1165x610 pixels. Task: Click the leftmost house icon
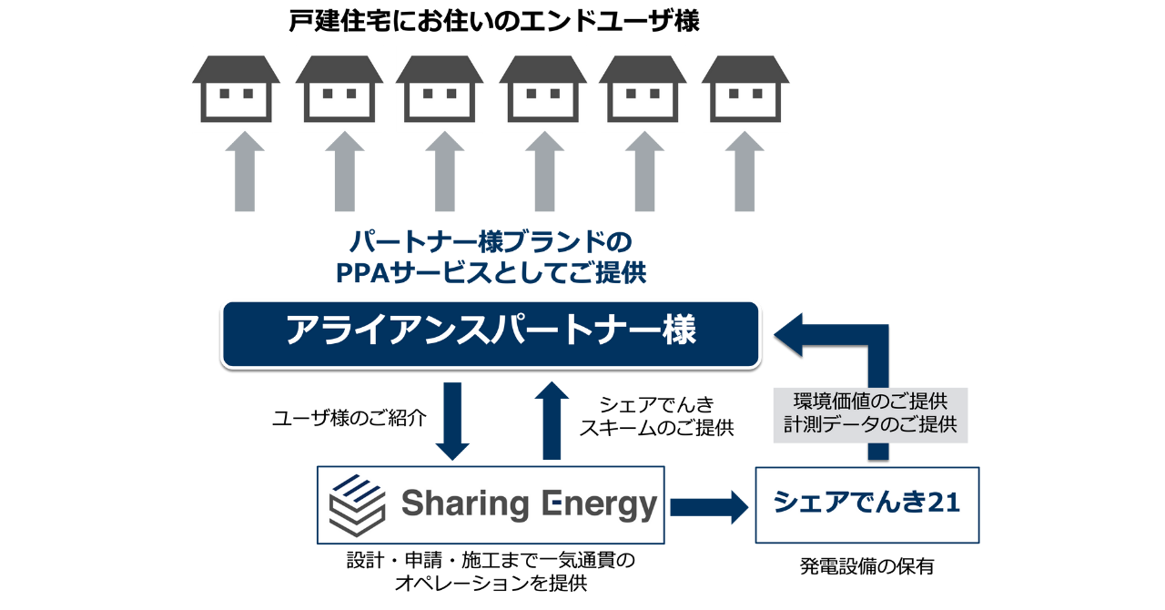pos(236,88)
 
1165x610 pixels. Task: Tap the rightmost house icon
pos(745,88)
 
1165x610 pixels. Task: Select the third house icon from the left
pos(440,88)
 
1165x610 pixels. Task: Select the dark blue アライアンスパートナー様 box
pos(491,333)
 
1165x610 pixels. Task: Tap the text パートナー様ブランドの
pos(491,242)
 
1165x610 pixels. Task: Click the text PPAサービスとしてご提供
pos(491,272)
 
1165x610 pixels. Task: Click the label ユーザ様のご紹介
pos(349,419)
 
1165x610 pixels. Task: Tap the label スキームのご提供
pos(656,427)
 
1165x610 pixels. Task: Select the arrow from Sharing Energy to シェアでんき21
pos(708,504)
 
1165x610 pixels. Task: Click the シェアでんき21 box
pos(866,503)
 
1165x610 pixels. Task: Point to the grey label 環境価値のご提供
pos(871,402)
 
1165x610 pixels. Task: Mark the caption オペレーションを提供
pos(491,585)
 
